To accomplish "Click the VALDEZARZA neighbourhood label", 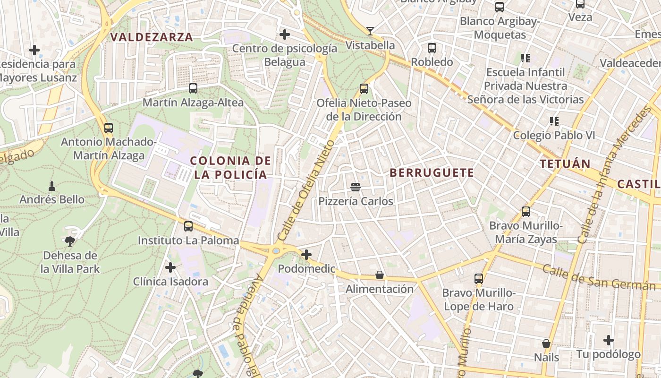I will coord(152,37).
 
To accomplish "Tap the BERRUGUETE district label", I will coord(432,173).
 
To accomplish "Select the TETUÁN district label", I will coord(565,164).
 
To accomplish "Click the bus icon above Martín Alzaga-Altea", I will coord(193,88).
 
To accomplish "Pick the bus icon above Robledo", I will coord(432,48).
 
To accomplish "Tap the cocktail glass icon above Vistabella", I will coord(370,31).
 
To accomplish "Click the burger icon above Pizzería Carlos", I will coord(356,187).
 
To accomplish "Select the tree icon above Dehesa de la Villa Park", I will coord(70,241).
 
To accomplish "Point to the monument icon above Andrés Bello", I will coord(52,186).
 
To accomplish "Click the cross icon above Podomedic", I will coord(306,255).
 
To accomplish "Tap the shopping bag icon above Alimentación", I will coord(380,275).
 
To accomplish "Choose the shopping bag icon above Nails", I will coord(546,344).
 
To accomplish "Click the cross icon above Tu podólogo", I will coord(609,340).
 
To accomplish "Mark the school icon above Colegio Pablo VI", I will coord(554,121).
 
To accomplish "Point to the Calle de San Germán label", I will coord(599,277).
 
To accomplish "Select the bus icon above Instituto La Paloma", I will coord(188,226).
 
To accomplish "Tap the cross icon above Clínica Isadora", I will coord(170,268).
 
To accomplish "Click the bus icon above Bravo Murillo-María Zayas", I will coord(526,212).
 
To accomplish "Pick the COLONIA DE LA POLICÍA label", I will coord(231,167).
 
